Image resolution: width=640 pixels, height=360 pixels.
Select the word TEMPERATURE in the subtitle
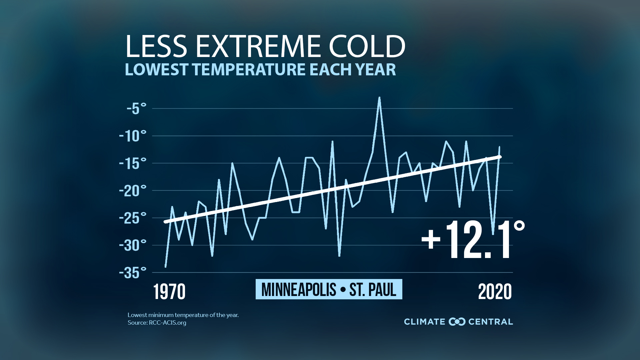tap(249, 70)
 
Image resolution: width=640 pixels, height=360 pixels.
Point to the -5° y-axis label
tap(136, 109)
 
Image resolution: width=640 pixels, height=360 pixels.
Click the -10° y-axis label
tap(133, 136)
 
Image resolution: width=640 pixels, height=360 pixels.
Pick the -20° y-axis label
tap(133, 191)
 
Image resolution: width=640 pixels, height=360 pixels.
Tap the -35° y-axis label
tap(133, 273)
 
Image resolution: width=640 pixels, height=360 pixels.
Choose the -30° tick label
tap(133, 245)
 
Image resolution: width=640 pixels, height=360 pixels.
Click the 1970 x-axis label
tap(169, 292)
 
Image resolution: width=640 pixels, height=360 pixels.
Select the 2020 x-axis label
tap(495, 292)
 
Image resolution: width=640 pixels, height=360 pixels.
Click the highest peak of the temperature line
tap(379, 98)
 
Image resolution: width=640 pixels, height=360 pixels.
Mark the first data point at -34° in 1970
tap(166, 267)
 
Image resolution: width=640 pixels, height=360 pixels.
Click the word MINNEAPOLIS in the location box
tap(299, 289)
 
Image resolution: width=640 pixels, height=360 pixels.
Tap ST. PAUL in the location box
tap(373, 289)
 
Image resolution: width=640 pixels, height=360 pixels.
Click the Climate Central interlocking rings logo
tap(457, 322)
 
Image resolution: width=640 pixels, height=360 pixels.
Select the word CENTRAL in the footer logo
tap(490, 322)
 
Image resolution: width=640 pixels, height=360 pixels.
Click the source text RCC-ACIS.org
tap(167, 323)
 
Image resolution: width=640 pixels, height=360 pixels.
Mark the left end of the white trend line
tap(165, 222)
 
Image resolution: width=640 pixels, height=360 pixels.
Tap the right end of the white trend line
tap(500, 157)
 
